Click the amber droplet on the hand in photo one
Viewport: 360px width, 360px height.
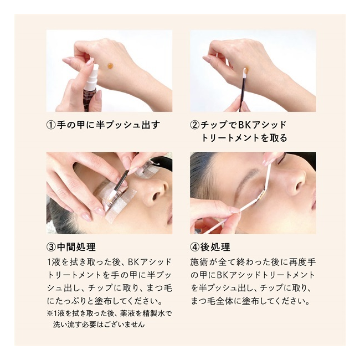click(110, 66)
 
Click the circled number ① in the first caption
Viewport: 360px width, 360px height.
click(51, 125)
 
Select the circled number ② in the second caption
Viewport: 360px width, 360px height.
click(195, 125)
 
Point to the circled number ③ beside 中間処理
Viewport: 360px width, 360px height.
click(51, 247)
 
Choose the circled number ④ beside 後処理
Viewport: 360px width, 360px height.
click(195, 247)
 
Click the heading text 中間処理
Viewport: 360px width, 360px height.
click(76, 247)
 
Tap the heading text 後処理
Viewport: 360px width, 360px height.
click(215, 247)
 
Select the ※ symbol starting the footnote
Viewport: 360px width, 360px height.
click(50, 313)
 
